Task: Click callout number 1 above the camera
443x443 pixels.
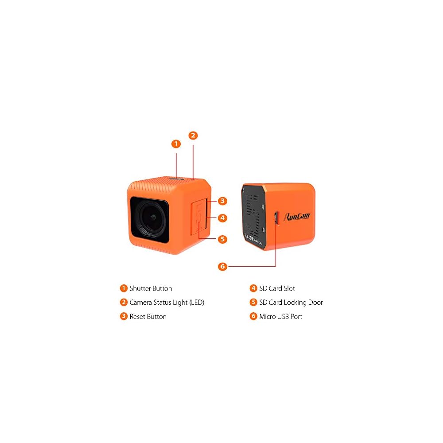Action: tap(176, 144)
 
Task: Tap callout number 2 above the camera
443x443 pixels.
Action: tap(193, 136)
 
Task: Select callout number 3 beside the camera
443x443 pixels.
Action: tap(222, 201)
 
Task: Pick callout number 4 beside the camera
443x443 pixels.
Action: tap(222, 218)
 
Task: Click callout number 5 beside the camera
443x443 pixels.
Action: tap(222, 239)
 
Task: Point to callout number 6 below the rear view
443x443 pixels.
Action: tap(222, 266)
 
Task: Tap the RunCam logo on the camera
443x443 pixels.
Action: tap(297, 216)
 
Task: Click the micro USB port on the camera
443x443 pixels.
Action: tap(275, 218)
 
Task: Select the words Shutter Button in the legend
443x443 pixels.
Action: tap(151, 288)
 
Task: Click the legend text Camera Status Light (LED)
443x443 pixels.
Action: tap(167, 303)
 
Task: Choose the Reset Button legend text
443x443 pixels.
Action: tap(148, 317)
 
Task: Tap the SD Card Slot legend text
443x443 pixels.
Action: tap(277, 288)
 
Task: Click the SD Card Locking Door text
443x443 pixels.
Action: tap(291, 303)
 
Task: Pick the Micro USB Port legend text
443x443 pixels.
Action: tap(280, 317)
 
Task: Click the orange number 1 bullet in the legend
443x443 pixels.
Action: tap(124, 288)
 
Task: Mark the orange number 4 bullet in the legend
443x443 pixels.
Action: tap(253, 288)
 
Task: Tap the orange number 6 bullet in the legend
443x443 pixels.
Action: tap(253, 317)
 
